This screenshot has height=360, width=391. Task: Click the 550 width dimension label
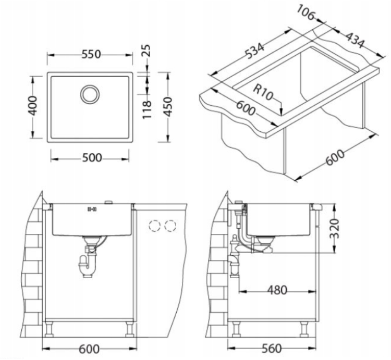point(91,54)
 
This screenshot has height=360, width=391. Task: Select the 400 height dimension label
point(32,106)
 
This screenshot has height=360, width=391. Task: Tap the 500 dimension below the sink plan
point(92,158)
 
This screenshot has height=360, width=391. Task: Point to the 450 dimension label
point(168,107)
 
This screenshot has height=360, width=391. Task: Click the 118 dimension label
point(147,109)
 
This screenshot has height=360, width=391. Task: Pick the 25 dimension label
point(147,51)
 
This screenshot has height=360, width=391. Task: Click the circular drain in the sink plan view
point(90,94)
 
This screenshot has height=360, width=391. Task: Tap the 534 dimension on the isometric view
point(254,51)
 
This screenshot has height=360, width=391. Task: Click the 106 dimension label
point(306,13)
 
